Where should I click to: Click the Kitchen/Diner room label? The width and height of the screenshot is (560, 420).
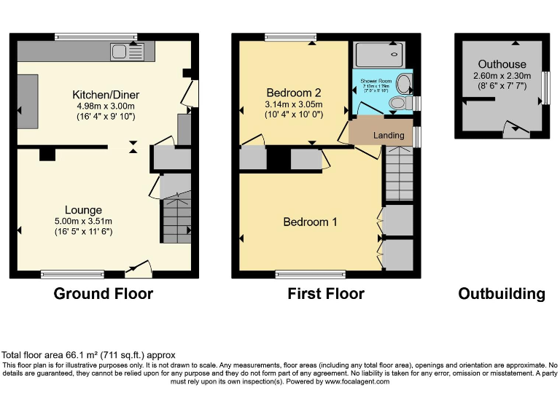coord(106,95)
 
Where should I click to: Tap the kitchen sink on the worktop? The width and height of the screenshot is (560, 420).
coord(128,51)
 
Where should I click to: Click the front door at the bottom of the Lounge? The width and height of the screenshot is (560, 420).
coord(138,271)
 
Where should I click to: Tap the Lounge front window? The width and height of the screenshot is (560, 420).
coord(72,275)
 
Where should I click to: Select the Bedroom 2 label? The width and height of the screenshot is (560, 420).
coord(294,93)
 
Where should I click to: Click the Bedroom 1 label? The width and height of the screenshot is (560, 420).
coord(310,222)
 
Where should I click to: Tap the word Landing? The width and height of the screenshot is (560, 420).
coord(389,136)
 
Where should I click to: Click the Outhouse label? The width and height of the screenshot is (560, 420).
coord(502,64)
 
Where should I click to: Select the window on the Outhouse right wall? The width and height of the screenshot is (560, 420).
coord(545,87)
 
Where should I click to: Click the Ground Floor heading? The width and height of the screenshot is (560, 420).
coord(103,294)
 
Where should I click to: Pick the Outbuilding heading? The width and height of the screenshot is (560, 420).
coord(501,294)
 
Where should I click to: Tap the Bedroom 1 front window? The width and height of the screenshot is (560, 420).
coord(311,275)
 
